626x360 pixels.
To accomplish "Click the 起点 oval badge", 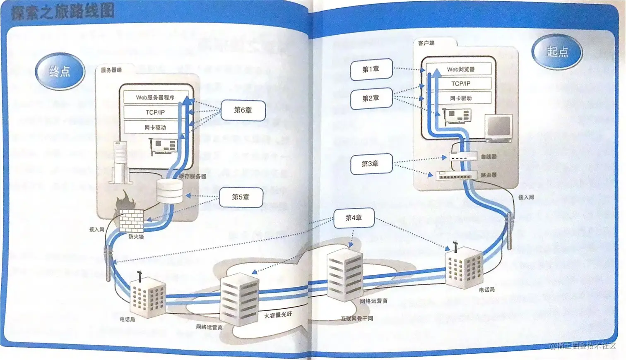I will pyautogui.click(x=557, y=52).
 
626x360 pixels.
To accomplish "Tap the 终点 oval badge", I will pyautogui.click(x=60, y=72).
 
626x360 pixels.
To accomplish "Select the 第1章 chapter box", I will pyautogui.click(x=371, y=70).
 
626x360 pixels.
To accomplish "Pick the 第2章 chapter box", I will pyautogui.click(x=371, y=98).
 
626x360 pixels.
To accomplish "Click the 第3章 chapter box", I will pyautogui.click(x=370, y=164).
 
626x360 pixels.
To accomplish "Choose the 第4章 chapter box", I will pyautogui.click(x=354, y=218).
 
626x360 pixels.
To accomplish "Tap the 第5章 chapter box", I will pyautogui.click(x=241, y=197).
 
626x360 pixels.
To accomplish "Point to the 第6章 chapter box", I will pyautogui.click(x=243, y=110).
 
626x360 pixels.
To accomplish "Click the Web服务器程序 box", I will pyautogui.click(x=155, y=98).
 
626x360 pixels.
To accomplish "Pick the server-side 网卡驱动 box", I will pyautogui.click(x=155, y=127).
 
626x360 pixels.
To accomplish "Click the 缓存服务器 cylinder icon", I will pyautogui.click(x=170, y=192).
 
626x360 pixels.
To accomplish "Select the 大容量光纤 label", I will pyautogui.click(x=278, y=315).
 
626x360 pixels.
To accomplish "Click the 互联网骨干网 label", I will pyautogui.click(x=357, y=319).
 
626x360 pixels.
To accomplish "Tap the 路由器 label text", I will pyautogui.click(x=489, y=175).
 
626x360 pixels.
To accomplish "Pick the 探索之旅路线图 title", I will pyautogui.click(x=63, y=12).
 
